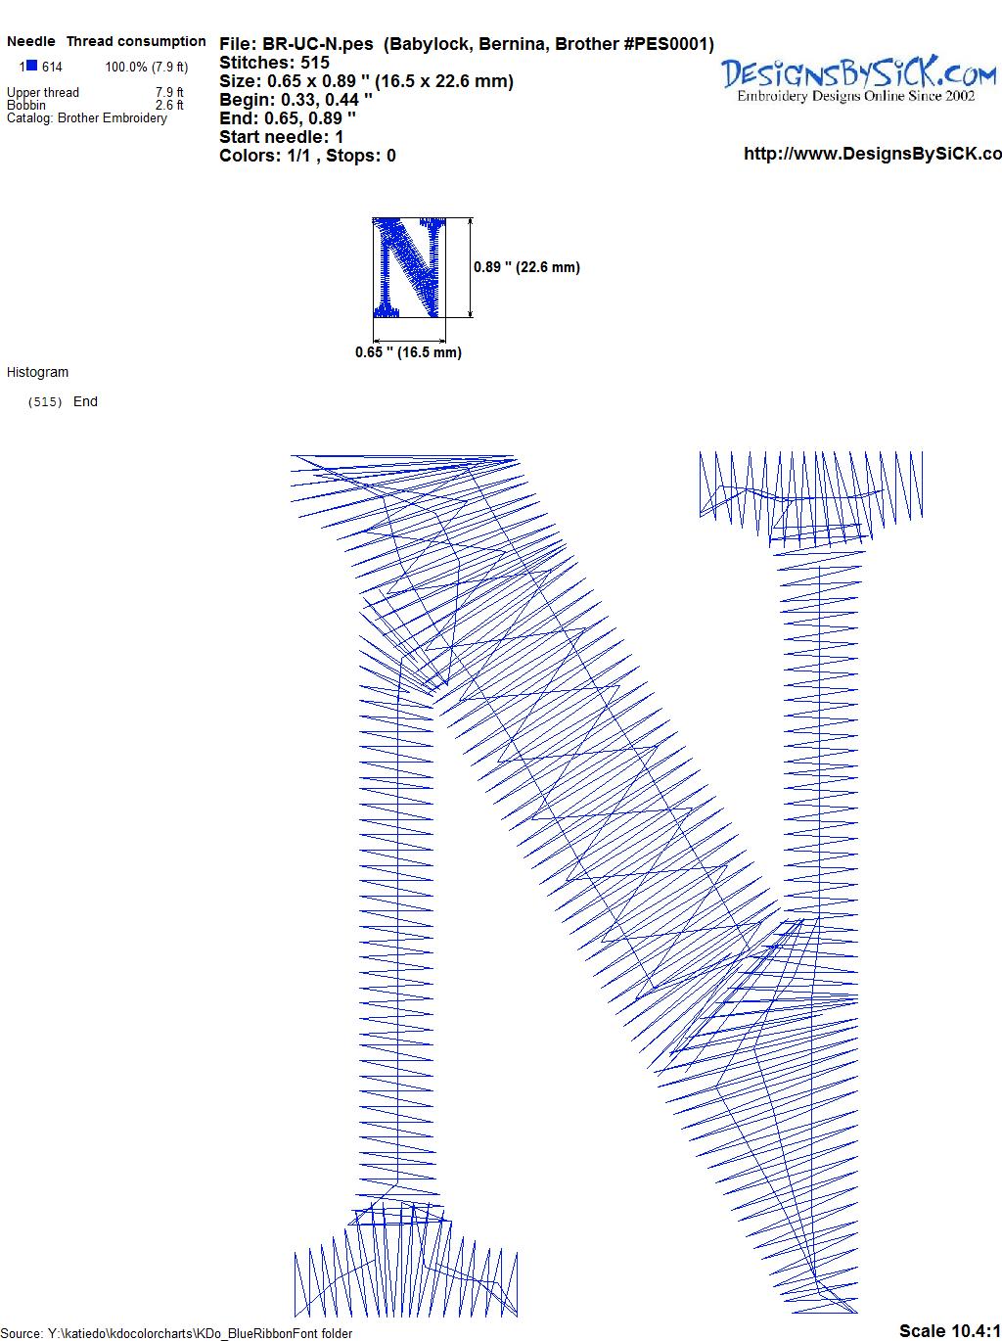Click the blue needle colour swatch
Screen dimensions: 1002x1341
(x=31, y=65)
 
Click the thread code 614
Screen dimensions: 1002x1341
(x=52, y=67)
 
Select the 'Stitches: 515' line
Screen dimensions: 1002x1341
(x=274, y=63)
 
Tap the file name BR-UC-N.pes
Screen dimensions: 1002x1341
(x=317, y=44)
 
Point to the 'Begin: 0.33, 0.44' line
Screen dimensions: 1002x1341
(x=296, y=100)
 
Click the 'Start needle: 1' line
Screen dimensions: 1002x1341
(x=282, y=137)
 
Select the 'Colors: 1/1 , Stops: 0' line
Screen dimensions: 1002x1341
(x=308, y=156)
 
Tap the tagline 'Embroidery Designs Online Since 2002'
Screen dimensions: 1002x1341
(x=855, y=96)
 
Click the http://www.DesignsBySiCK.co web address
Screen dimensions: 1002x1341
(x=873, y=154)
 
